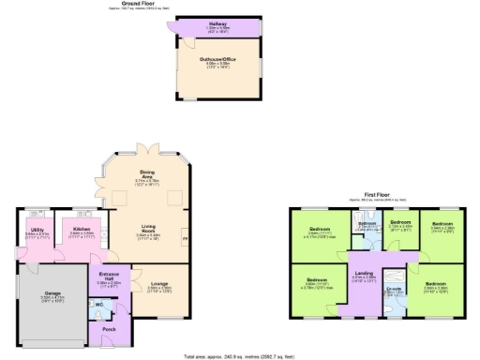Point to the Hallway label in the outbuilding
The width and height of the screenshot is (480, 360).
(217, 24)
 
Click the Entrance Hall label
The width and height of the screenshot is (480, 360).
(110, 278)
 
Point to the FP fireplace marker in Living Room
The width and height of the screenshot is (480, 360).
(184, 239)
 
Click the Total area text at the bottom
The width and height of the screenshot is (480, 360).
(240, 355)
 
